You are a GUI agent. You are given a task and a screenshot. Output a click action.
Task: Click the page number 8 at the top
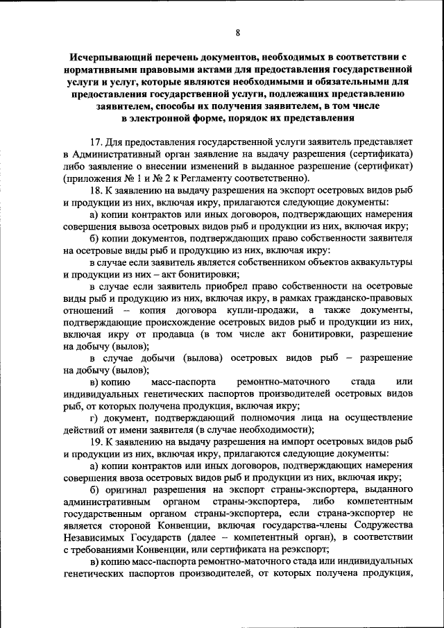click(238, 33)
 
